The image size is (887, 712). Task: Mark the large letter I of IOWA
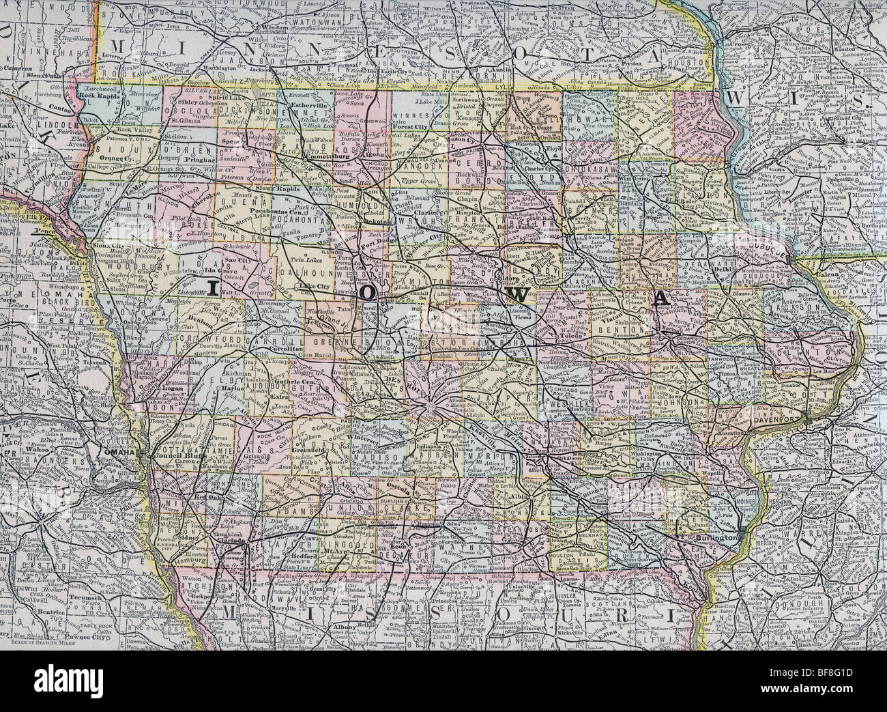pos(212,289)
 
